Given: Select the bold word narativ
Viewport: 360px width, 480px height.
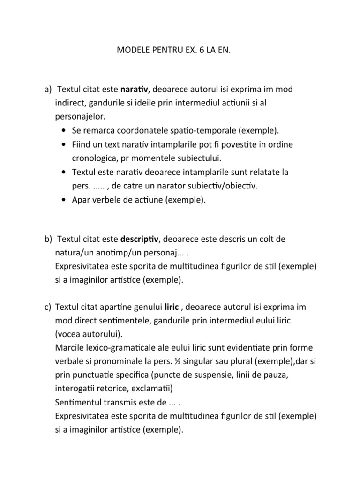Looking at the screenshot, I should click(134, 89).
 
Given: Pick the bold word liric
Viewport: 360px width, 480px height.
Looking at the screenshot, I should click(172, 307).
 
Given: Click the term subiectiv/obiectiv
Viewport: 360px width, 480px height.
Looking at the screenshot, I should click(223, 186).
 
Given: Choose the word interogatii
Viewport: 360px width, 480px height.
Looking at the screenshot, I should click(76, 389).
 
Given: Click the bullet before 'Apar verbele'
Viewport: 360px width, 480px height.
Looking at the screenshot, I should click(63, 200).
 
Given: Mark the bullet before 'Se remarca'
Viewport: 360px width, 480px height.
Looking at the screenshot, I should click(63, 130).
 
